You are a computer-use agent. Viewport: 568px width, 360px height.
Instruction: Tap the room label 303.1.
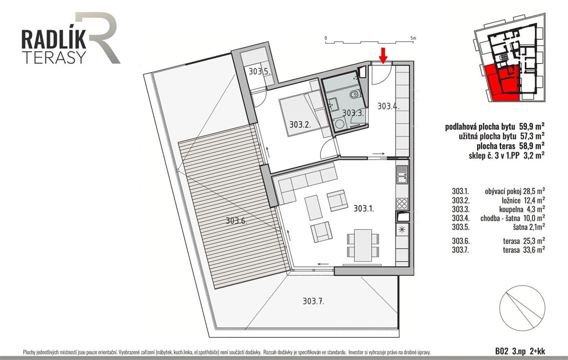click(364, 209)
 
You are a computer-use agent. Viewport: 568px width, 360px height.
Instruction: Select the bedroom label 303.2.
click(300, 125)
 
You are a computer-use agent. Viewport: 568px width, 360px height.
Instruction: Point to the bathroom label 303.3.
click(353, 113)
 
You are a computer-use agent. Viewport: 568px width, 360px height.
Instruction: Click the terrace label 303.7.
click(313, 301)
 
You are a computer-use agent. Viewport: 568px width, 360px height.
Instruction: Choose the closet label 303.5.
click(260, 72)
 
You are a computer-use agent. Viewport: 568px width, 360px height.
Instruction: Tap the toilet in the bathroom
click(354, 95)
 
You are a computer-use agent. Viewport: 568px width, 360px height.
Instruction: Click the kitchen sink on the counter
click(402, 175)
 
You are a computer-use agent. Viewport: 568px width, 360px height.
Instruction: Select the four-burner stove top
click(402, 204)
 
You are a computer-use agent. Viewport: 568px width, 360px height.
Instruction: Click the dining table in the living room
click(363, 245)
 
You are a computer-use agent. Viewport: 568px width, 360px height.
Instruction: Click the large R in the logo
click(98, 38)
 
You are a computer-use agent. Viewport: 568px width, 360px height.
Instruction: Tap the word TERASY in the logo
click(54, 57)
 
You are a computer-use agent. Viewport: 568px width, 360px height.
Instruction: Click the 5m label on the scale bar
click(413, 38)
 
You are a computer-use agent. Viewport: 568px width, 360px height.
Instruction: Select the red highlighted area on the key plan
click(501, 82)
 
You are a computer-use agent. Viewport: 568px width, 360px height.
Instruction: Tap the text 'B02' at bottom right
click(501, 351)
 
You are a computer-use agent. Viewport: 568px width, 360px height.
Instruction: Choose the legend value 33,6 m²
click(534, 250)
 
